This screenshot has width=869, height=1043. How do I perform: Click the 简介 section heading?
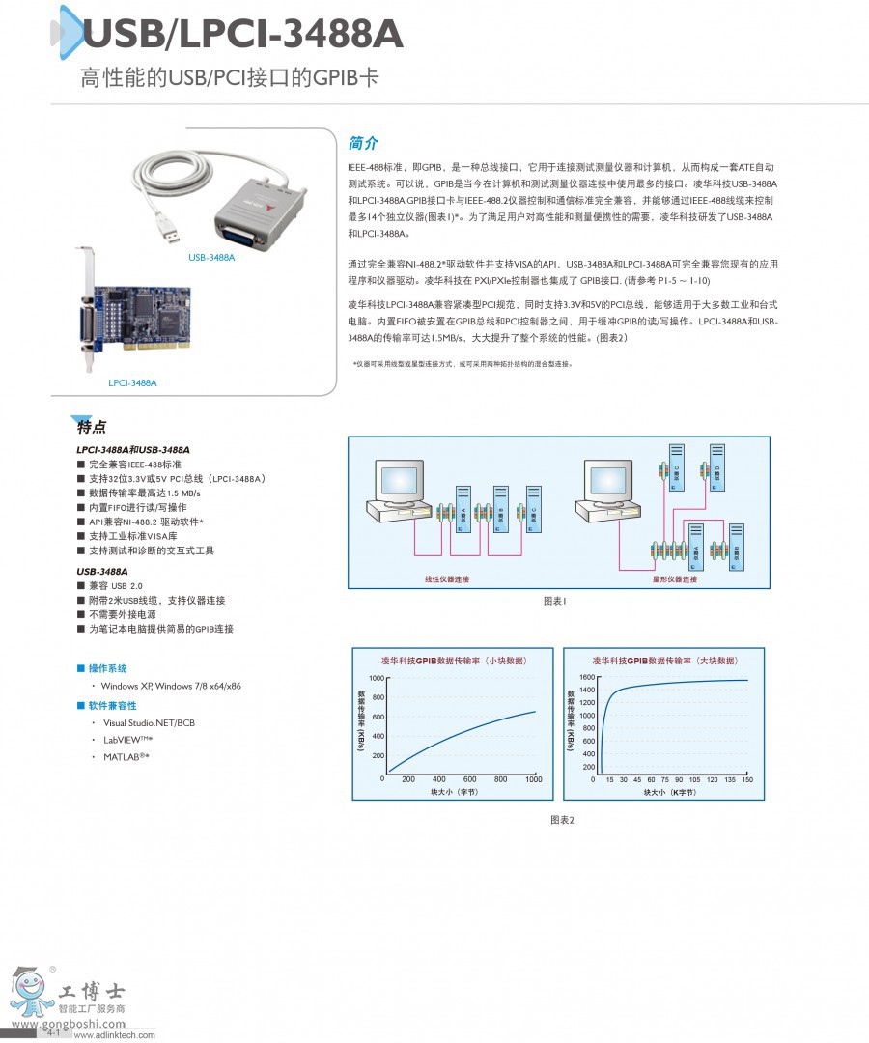(x=363, y=143)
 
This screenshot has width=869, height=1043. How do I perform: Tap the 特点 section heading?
(x=92, y=427)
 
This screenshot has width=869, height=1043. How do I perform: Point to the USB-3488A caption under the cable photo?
(x=211, y=258)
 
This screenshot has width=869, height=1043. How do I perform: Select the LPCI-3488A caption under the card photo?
(x=132, y=383)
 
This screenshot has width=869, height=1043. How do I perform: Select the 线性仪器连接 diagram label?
(x=447, y=578)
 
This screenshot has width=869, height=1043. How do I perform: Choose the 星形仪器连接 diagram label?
(x=675, y=578)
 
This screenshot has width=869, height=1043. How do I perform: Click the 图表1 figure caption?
(x=554, y=601)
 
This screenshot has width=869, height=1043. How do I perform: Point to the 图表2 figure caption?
(x=562, y=820)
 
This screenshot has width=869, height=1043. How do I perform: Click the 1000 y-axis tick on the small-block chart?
(x=376, y=679)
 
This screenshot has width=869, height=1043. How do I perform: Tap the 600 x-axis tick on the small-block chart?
(x=469, y=779)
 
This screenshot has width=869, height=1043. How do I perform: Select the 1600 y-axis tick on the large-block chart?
(x=588, y=679)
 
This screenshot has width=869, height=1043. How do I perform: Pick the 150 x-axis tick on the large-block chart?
(x=747, y=779)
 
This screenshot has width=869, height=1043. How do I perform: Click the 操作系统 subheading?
(x=107, y=668)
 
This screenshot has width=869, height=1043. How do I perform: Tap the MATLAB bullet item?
(x=126, y=756)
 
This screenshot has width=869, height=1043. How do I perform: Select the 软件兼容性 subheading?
(x=112, y=706)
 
